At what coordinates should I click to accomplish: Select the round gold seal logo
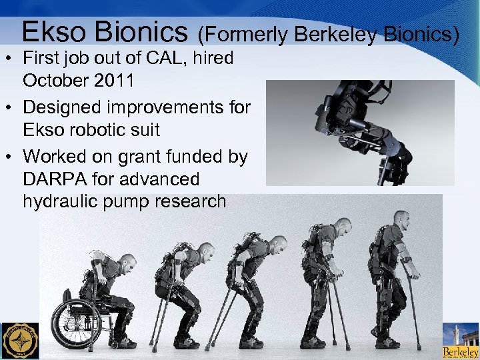21,341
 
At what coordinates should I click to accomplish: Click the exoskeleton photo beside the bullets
360,133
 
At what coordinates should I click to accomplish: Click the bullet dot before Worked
11,157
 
